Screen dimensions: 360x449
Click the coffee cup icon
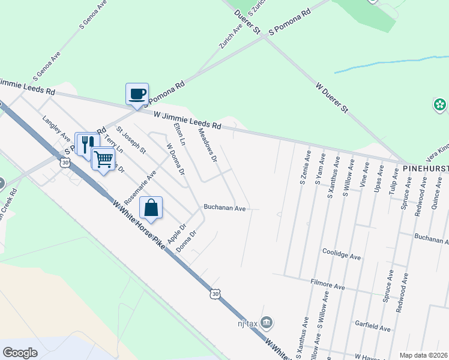pos(137,94)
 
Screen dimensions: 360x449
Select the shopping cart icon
pos(103,159)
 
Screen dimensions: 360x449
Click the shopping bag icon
pos(151,208)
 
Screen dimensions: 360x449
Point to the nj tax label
pos(247,324)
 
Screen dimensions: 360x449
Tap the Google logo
pos(20,352)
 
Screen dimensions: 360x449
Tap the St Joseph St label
pos(131,139)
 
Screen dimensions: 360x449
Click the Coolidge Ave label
pos(342,254)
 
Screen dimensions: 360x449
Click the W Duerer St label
pos(332,98)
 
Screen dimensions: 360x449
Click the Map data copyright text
pos(424,355)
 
